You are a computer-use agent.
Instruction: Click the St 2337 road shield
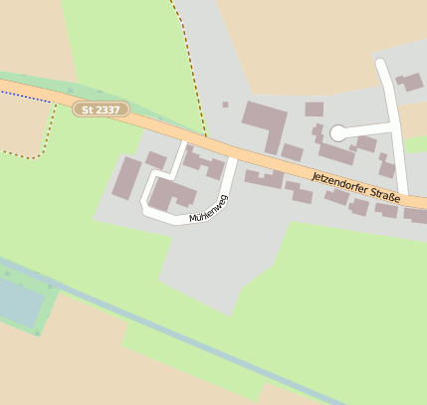101,108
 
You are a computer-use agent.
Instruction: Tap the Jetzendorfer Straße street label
355,189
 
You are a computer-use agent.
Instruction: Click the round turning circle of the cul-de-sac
337,132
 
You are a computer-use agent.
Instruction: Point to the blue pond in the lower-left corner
18,302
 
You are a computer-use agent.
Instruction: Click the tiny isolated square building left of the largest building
225,104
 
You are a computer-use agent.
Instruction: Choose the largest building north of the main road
264,123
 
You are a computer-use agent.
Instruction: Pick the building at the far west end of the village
127,177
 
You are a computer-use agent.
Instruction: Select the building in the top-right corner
409,82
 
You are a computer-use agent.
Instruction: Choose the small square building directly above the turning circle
314,109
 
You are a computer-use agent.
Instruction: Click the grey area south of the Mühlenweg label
204,264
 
